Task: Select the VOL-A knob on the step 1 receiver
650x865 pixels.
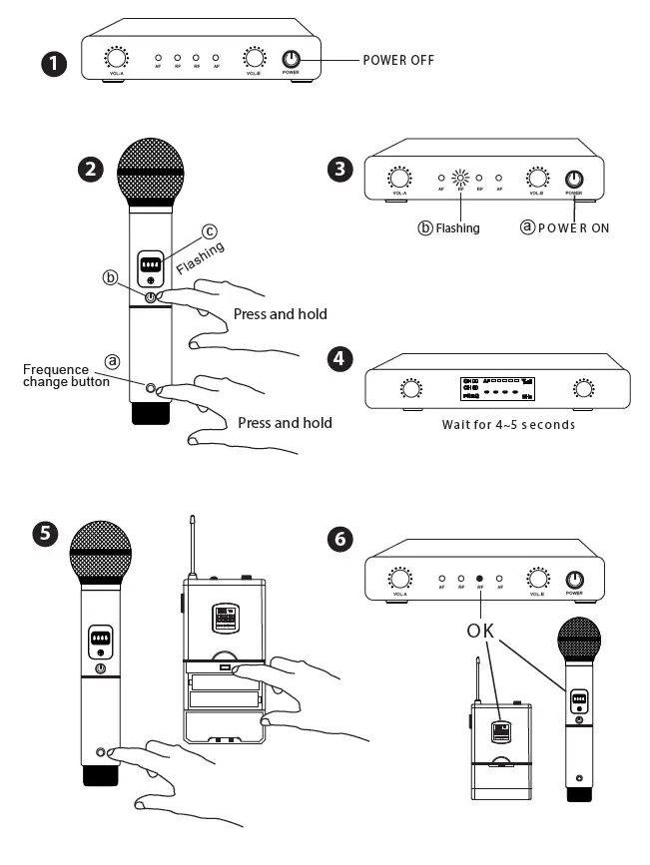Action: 117,59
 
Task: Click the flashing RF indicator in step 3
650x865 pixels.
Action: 460,180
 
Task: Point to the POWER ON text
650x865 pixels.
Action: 573,227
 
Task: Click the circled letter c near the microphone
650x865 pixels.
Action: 209,231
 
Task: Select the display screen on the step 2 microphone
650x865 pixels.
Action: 151,265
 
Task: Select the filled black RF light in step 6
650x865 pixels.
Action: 479,578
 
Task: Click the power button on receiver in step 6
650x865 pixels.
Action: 574,579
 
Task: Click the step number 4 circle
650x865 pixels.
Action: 340,358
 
